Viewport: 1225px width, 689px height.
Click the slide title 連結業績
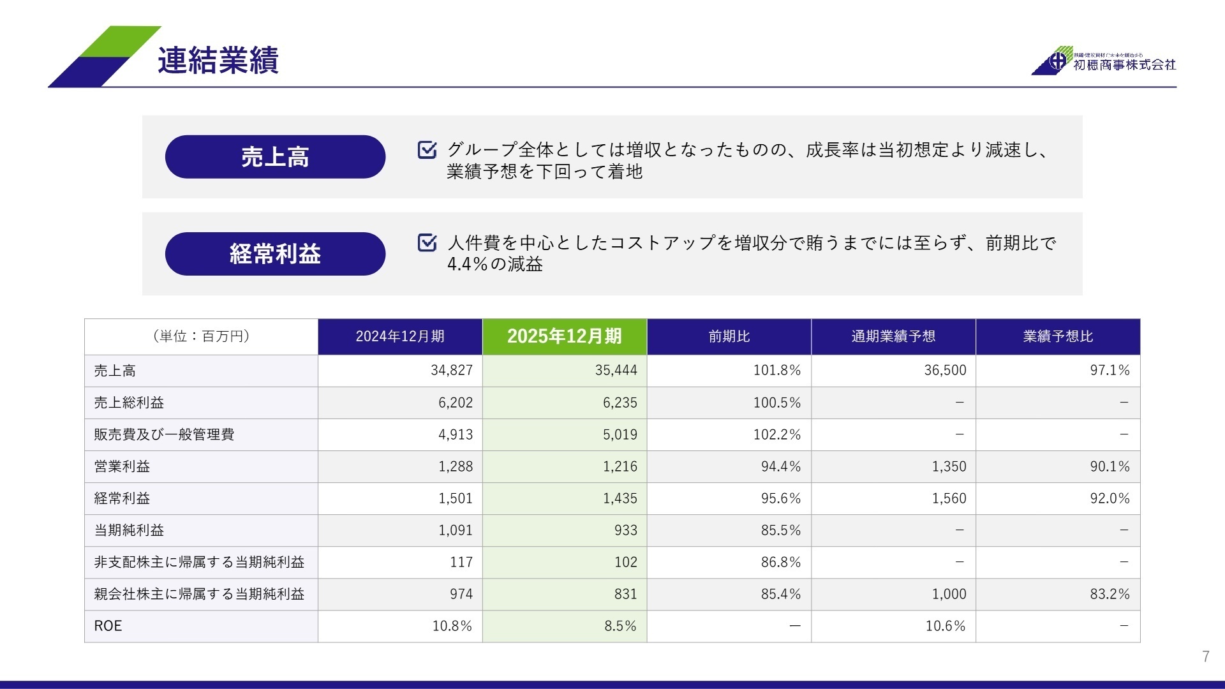click(218, 61)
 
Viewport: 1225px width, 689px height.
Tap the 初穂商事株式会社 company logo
click(1104, 61)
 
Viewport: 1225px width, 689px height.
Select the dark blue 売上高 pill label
click(275, 157)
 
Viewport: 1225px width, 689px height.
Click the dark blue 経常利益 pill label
click(275, 254)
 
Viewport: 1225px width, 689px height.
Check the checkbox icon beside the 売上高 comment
click(427, 150)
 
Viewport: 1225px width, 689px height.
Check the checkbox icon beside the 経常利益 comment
click(427, 243)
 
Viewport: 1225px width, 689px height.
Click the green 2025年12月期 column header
click(565, 336)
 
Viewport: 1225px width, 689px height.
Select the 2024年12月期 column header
click(400, 336)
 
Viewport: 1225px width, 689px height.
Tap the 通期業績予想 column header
click(893, 336)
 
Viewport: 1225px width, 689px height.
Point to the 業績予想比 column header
click(1058, 336)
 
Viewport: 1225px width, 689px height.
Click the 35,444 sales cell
click(616, 370)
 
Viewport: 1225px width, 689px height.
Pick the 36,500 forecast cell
click(945, 370)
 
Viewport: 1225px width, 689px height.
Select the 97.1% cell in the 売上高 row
click(1110, 370)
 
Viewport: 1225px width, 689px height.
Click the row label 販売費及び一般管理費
click(164, 434)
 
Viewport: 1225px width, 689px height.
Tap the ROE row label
click(108, 626)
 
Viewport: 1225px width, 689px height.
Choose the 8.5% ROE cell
click(620, 626)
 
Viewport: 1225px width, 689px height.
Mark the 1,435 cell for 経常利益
click(620, 498)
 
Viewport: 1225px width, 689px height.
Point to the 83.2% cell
click(1110, 594)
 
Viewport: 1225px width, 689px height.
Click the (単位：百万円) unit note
click(201, 336)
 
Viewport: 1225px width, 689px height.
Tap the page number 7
click(1205, 656)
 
